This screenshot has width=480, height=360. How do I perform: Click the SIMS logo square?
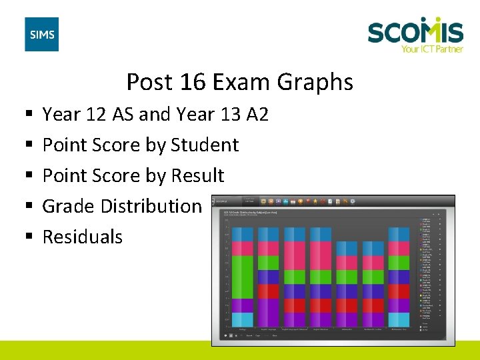point(41,35)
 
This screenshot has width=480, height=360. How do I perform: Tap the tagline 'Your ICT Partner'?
point(431,48)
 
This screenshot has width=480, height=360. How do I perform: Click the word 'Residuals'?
point(83,237)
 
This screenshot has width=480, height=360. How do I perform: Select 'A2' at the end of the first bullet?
point(257,114)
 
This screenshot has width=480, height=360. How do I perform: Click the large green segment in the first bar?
point(243,277)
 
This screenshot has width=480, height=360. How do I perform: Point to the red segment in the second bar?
point(269,291)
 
